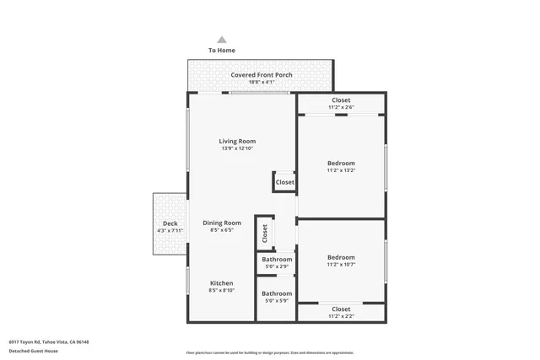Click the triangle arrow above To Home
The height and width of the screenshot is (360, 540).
pos(222,40)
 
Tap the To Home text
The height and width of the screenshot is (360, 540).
pos(222,51)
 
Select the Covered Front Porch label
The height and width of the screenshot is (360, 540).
pos(262,75)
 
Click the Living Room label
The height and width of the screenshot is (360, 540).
pos(237,141)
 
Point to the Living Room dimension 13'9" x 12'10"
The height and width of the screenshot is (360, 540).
pos(237,148)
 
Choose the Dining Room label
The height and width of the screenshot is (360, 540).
pos(221,223)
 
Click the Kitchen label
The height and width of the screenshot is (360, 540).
pos(221,283)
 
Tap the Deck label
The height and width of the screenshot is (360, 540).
pos(170,223)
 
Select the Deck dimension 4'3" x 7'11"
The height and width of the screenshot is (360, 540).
pos(170,230)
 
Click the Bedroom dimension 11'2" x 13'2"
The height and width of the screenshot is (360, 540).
pos(341,170)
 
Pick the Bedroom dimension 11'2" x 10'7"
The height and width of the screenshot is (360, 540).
pos(341,265)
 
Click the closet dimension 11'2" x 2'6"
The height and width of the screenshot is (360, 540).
pos(341,107)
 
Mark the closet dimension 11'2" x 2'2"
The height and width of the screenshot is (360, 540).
pos(341,316)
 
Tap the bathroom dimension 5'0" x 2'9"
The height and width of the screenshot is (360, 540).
pos(277,266)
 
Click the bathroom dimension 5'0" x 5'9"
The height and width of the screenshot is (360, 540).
pos(277,301)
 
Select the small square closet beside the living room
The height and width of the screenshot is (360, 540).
pos(284,182)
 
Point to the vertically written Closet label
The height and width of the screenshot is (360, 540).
pos(264,232)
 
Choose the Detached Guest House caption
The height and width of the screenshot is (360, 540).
pos(35,350)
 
